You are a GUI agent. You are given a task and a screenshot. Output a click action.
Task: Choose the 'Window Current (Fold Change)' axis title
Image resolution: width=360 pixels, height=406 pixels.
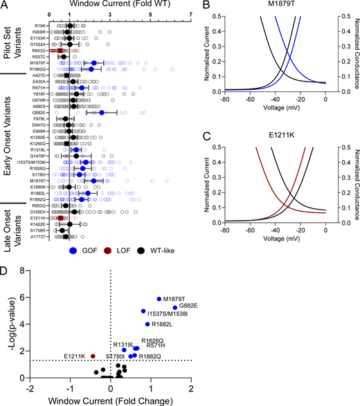point(111,400)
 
